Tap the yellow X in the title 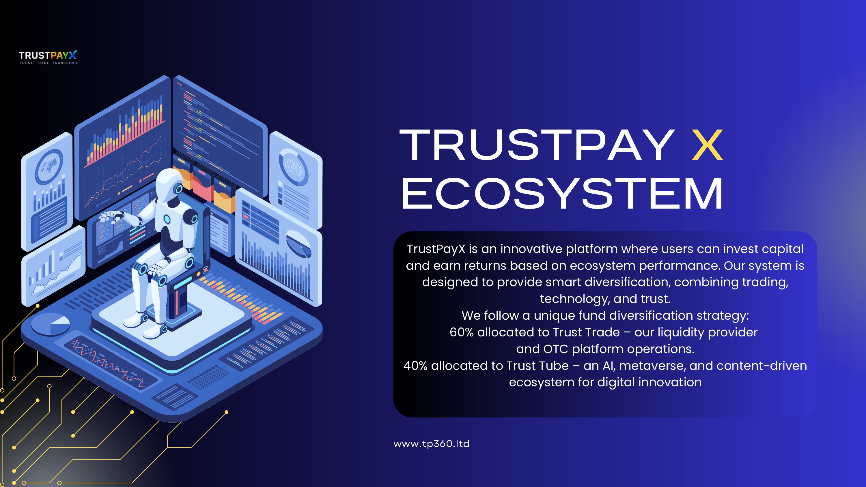pos(707,145)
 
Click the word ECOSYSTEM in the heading pos(562,194)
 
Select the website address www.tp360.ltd pos(431,444)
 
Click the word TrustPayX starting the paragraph pos(436,249)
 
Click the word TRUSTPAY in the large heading pos(537,145)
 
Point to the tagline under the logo pos(49,63)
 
